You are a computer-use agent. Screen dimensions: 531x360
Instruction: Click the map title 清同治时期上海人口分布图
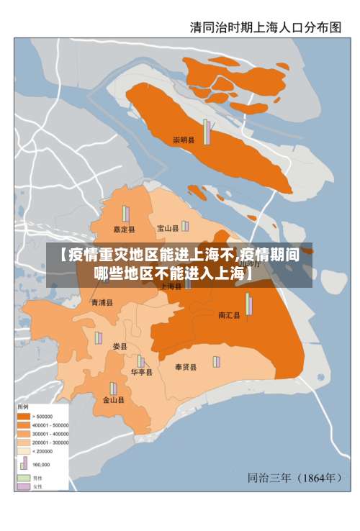265,27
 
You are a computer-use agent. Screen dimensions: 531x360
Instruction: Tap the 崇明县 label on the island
184,140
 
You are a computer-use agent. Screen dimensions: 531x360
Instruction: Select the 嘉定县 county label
124,230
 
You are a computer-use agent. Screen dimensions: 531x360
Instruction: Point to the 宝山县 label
168,229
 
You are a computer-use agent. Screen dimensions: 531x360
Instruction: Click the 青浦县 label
102,303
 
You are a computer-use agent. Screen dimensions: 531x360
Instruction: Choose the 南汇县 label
230,315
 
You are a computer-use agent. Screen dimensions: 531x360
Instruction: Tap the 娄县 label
120,347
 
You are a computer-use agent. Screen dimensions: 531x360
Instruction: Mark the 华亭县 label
141,373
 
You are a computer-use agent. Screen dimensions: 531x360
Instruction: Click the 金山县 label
113,399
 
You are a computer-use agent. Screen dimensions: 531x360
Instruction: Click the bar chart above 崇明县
207,132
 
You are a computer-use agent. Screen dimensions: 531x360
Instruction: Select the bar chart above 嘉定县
125,214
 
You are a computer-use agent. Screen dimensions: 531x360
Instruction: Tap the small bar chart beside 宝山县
185,226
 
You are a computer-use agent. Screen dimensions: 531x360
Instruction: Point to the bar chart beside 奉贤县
215,361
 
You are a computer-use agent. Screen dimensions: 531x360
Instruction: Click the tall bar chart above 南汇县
249,304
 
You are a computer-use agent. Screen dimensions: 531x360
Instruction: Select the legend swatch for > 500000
23,417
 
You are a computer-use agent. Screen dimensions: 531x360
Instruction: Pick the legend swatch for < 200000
23,451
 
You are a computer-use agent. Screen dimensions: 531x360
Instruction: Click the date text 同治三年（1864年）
294,476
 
